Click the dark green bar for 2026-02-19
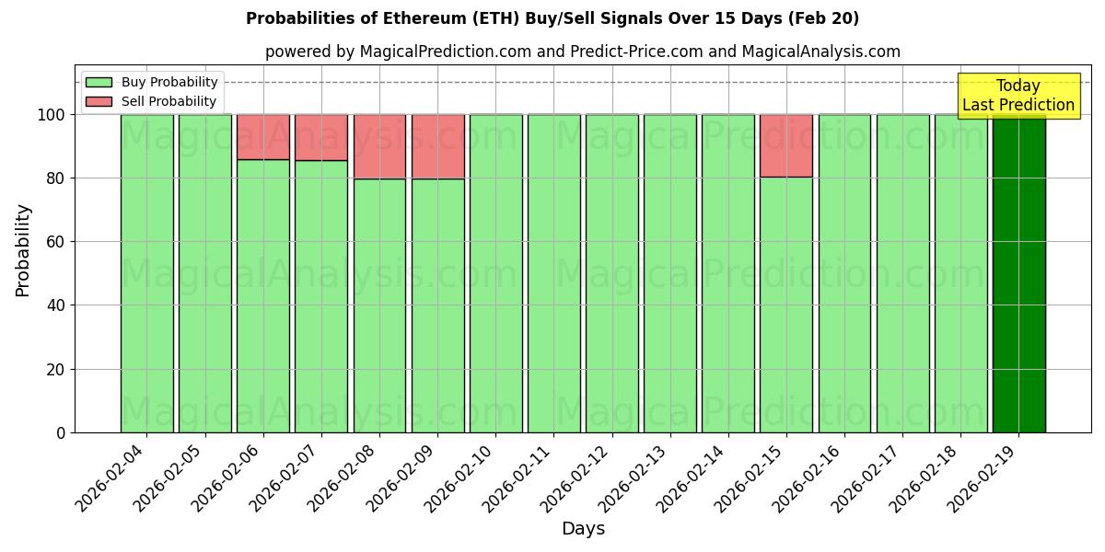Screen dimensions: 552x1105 point(1018,276)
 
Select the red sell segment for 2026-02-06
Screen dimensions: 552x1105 point(263,137)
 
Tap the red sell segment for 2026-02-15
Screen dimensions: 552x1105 point(786,145)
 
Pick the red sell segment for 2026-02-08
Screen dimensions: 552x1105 point(379,146)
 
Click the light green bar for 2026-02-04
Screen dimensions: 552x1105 point(146,276)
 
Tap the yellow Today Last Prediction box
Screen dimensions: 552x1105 point(1018,96)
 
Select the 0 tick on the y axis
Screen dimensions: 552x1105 point(60,433)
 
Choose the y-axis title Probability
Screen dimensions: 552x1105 point(24,250)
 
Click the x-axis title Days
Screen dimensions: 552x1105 point(583,529)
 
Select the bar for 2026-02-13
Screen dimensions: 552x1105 point(670,276)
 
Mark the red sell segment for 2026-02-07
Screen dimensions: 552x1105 point(321,137)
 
